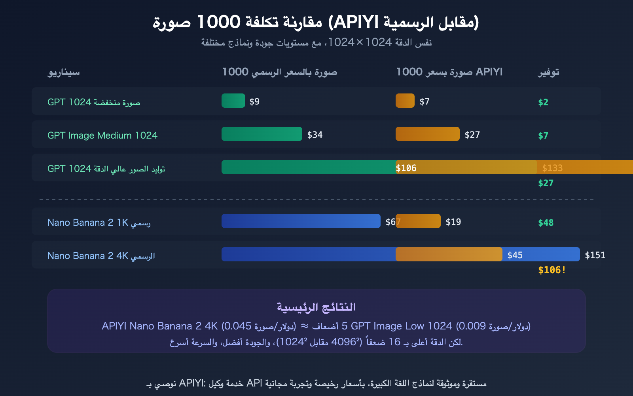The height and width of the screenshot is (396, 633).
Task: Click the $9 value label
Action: (x=254, y=102)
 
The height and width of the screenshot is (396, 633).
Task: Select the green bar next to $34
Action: (x=262, y=134)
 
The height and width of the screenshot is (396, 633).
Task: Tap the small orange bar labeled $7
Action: (x=405, y=101)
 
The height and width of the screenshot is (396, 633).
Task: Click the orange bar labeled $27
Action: (x=427, y=134)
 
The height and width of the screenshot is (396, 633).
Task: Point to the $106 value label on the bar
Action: (x=406, y=168)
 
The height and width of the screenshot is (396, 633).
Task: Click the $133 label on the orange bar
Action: (x=552, y=168)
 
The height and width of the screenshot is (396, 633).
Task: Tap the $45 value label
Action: (x=515, y=255)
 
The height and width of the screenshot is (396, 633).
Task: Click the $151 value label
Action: (x=595, y=255)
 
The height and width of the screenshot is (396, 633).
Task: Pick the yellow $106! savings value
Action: (x=552, y=270)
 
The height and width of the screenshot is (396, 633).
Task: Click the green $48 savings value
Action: (x=546, y=223)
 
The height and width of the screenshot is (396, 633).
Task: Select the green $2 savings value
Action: (x=543, y=102)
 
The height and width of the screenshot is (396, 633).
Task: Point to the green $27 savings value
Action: (x=546, y=183)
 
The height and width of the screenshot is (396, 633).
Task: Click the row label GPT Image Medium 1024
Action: (x=102, y=135)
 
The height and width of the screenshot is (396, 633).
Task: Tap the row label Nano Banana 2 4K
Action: (x=101, y=256)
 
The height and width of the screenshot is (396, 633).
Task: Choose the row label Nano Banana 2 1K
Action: (x=99, y=223)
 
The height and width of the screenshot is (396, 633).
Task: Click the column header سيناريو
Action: (x=64, y=72)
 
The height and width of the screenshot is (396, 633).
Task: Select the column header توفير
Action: (x=548, y=72)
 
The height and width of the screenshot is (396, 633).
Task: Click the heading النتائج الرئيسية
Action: (x=316, y=307)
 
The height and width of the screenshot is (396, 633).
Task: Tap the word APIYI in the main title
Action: (x=356, y=22)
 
